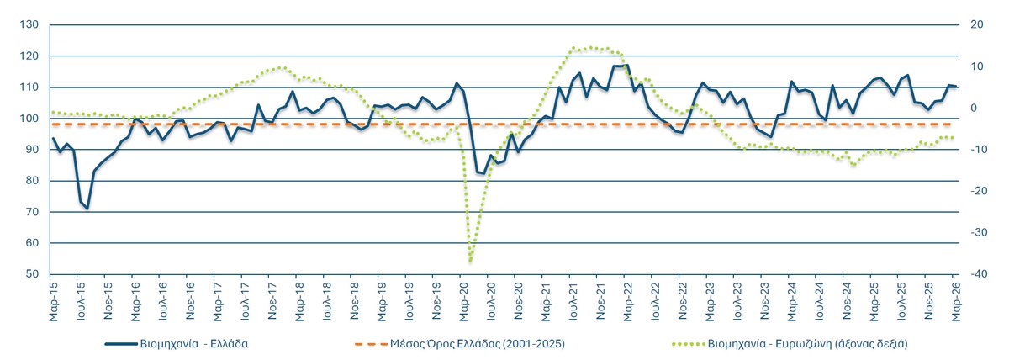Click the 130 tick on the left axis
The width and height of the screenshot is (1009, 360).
click(x=29, y=24)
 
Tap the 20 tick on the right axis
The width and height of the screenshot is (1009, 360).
click(x=976, y=24)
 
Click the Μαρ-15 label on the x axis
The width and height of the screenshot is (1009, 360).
click(x=54, y=301)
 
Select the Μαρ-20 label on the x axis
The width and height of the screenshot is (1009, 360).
click(x=464, y=301)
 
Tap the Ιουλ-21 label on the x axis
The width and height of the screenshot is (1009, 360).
click(x=573, y=301)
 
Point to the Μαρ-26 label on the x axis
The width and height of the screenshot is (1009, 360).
click(x=956, y=301)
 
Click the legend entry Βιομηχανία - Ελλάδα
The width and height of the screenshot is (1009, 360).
click(x=193, y=344)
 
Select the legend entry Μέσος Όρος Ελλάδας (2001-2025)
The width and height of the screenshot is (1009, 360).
click(x=478, y=344)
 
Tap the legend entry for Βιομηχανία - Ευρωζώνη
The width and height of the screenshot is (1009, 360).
click(x=808, y=344)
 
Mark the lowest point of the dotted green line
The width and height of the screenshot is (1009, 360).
click(x=470, y=261)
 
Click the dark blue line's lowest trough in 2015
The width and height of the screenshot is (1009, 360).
click(x=87, y=208)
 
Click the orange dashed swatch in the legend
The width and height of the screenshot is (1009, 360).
click(x=371, y=344)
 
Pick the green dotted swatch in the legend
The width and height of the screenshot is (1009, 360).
click(x=689, y=344)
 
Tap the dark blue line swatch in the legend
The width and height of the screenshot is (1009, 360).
click(x=121, y=344)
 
